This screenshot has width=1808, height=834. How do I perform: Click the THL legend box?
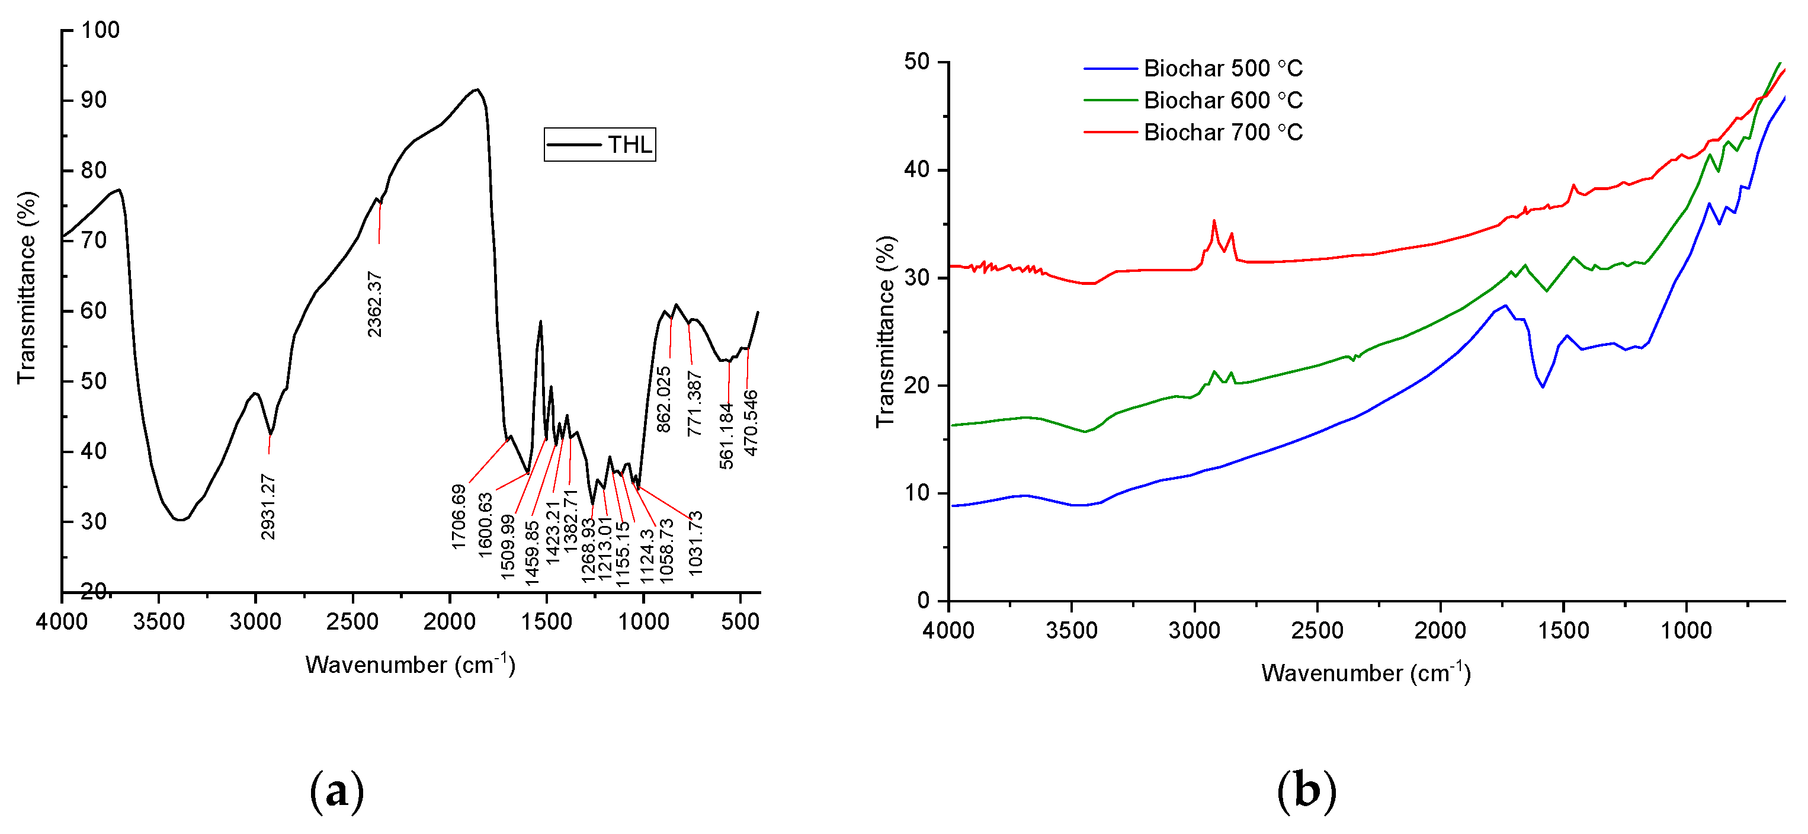600,145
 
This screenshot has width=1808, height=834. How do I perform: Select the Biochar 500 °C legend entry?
1193,69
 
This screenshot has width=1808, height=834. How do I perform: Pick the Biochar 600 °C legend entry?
1193,100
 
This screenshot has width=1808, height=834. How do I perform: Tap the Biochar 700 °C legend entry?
1193,132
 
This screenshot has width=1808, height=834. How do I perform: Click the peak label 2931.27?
268,507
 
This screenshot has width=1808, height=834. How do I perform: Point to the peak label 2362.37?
375,304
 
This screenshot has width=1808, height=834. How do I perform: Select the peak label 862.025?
664,399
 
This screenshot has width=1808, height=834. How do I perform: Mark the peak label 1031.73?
695,543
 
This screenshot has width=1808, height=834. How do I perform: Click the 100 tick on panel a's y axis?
100,30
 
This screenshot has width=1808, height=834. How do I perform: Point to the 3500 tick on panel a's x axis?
159,621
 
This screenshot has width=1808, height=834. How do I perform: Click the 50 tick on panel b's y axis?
916,62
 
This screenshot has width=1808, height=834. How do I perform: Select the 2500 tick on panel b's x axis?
1317,630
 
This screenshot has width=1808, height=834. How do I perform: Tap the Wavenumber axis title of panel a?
411,664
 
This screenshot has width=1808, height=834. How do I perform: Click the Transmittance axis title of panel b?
886,331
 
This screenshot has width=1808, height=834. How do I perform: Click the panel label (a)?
337,791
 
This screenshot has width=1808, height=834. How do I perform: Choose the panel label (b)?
1306,791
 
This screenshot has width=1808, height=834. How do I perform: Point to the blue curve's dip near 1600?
1542,387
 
